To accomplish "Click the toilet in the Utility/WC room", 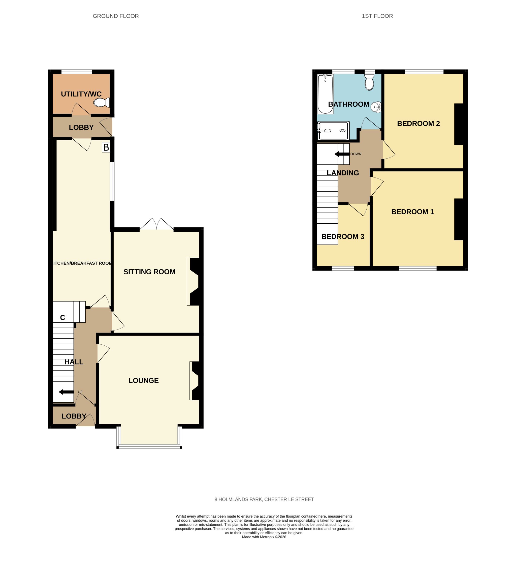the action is [102, 102].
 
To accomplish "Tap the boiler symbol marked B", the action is [106, 147].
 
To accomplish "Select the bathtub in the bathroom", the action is [325, 94].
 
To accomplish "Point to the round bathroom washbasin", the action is [376, 107].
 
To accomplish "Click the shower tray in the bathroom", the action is [333, 131].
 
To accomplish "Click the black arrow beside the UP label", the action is [66, 392].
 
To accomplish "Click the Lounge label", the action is [143, 380].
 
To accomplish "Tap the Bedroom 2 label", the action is [418, 124].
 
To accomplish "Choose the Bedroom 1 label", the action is [412, 212].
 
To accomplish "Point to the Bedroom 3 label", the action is [343, 237].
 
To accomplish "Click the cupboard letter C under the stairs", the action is [62, 317].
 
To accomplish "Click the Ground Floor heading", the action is [116, 16].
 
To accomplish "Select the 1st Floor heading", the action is [377, 16].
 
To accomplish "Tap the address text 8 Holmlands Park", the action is [238, 499].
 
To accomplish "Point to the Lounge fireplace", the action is [195, 380].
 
